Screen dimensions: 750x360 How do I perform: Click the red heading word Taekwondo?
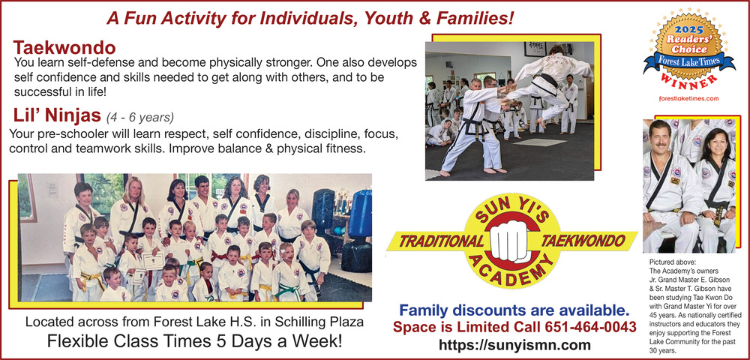[x=64, y=48]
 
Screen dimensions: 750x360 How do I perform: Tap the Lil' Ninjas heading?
[x=58, y=115]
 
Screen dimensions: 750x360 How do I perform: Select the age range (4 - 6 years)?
[x=140, y=117]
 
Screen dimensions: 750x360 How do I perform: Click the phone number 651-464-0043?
[x=590, y=328]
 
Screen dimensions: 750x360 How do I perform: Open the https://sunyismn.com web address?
[x=514, y=345]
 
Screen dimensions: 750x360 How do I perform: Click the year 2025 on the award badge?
[x=688, y=29]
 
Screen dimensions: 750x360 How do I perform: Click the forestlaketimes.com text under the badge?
[x=688, y=98]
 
